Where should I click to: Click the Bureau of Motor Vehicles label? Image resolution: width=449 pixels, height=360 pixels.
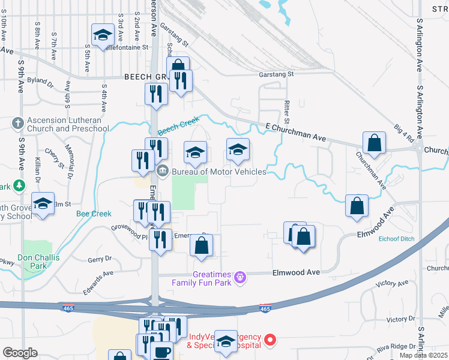pos(218,172)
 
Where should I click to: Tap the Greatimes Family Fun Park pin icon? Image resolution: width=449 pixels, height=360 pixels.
pos(240,277)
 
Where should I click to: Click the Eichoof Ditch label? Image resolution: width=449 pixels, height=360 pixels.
pos(397,239)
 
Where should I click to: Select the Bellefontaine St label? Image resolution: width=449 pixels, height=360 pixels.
pos(125,47)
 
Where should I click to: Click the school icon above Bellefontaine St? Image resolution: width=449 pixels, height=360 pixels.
pos(103,35)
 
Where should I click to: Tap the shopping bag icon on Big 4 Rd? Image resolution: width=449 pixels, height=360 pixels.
pos(374,143)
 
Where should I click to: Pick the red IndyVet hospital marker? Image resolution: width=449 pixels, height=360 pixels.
pos(270,340)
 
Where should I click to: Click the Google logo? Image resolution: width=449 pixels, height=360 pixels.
pos(20,353)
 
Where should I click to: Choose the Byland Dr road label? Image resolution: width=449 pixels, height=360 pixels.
pos(41,80)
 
